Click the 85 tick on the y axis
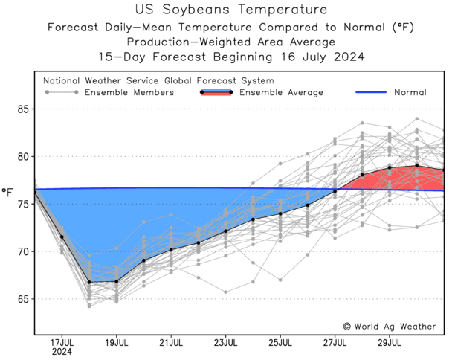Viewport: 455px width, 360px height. pos(22,109)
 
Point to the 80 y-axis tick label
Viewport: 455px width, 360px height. pos(22,157)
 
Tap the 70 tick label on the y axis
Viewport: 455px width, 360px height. pos(22,252)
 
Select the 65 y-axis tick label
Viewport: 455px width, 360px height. pos(22,300)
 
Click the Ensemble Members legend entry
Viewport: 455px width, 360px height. pos(129,92)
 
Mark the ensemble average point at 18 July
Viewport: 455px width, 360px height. pos(89,282)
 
